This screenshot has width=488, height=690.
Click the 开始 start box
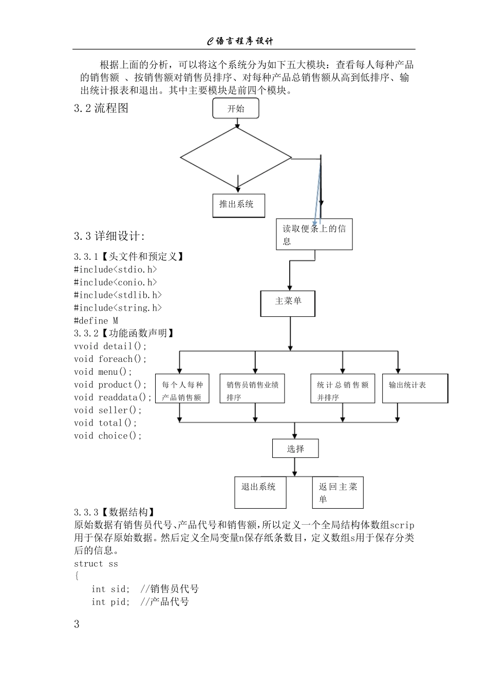[x=236, y=108]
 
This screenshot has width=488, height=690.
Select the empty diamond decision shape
[x=236, y=158]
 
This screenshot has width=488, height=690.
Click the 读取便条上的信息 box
[x=314, y=235]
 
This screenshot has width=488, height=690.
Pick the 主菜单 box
[x=288, y=303]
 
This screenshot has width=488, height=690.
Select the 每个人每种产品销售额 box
[x=182, y=389]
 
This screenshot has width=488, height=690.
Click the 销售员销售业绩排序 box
[x=252, y=389]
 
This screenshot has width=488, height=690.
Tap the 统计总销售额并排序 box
[x=342, y=389]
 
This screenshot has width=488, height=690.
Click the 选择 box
[x=295, y=449]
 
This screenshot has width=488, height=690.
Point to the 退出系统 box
[x=260, y=492]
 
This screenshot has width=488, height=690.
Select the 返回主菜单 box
[x=337, y=492]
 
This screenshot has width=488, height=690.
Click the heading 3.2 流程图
[x=101, y=108]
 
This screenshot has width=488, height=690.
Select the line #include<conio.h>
[x=116, y=282]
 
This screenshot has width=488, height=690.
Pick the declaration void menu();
[x=103, y=372]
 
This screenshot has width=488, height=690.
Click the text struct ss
[x=96, y=564]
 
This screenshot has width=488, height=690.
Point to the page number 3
[x=77, y=624]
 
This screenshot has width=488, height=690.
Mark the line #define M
[x=96, y=320]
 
